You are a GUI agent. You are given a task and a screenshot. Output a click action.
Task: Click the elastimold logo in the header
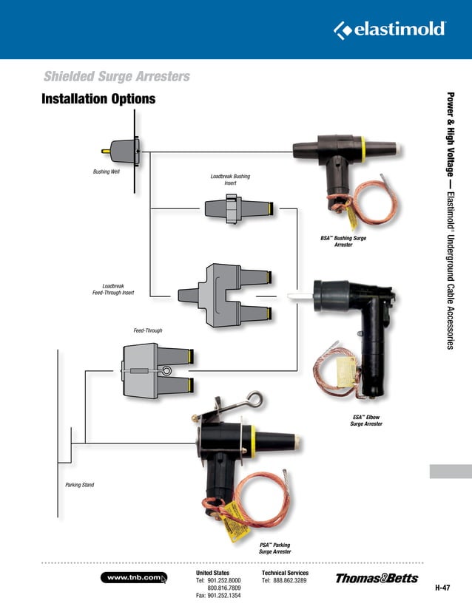[x=390, y=30]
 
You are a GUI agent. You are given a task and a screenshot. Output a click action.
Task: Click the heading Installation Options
[x=98, y=99]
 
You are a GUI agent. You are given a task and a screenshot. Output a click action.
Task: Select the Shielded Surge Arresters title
[x=116, y=76]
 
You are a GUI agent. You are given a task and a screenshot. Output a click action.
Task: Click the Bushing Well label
[x=106, y=171]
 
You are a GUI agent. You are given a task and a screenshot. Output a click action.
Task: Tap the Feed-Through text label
[x=147, y=330]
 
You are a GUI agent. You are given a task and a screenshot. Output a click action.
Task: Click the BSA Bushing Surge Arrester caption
[x=343, y=241]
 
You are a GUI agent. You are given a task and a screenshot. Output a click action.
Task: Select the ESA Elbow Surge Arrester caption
[x=365, y=421]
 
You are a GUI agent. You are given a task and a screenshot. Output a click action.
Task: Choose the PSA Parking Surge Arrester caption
[x=274, y=548]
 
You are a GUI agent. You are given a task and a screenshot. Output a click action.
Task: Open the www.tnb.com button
[x=133, y=577]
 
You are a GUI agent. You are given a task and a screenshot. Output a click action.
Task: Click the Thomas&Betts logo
[x=377, y=578]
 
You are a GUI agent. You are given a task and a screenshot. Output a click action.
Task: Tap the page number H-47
[x=442, y=588]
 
